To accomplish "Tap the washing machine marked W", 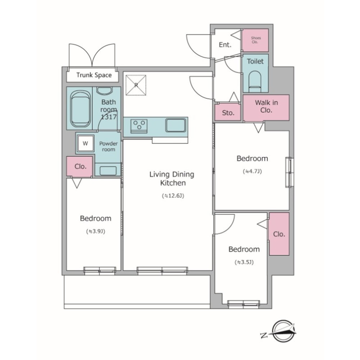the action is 85,143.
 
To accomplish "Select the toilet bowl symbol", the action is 255,81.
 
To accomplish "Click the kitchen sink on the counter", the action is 176,125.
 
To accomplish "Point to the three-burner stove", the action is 139,126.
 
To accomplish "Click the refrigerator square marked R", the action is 136,85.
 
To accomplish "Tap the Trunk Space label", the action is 94,75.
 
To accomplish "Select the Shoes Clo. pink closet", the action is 255,40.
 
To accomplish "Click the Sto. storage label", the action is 228,113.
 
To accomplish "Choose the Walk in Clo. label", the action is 266,107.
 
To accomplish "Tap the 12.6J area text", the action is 173,196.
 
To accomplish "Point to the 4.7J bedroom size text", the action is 252,171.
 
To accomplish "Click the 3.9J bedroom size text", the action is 96,231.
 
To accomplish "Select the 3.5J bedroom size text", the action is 244,262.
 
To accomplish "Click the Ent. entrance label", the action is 225,45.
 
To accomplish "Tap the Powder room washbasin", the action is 108,171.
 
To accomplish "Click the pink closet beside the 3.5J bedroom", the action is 279,234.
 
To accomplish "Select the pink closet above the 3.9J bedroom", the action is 80,166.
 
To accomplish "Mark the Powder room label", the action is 108,147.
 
